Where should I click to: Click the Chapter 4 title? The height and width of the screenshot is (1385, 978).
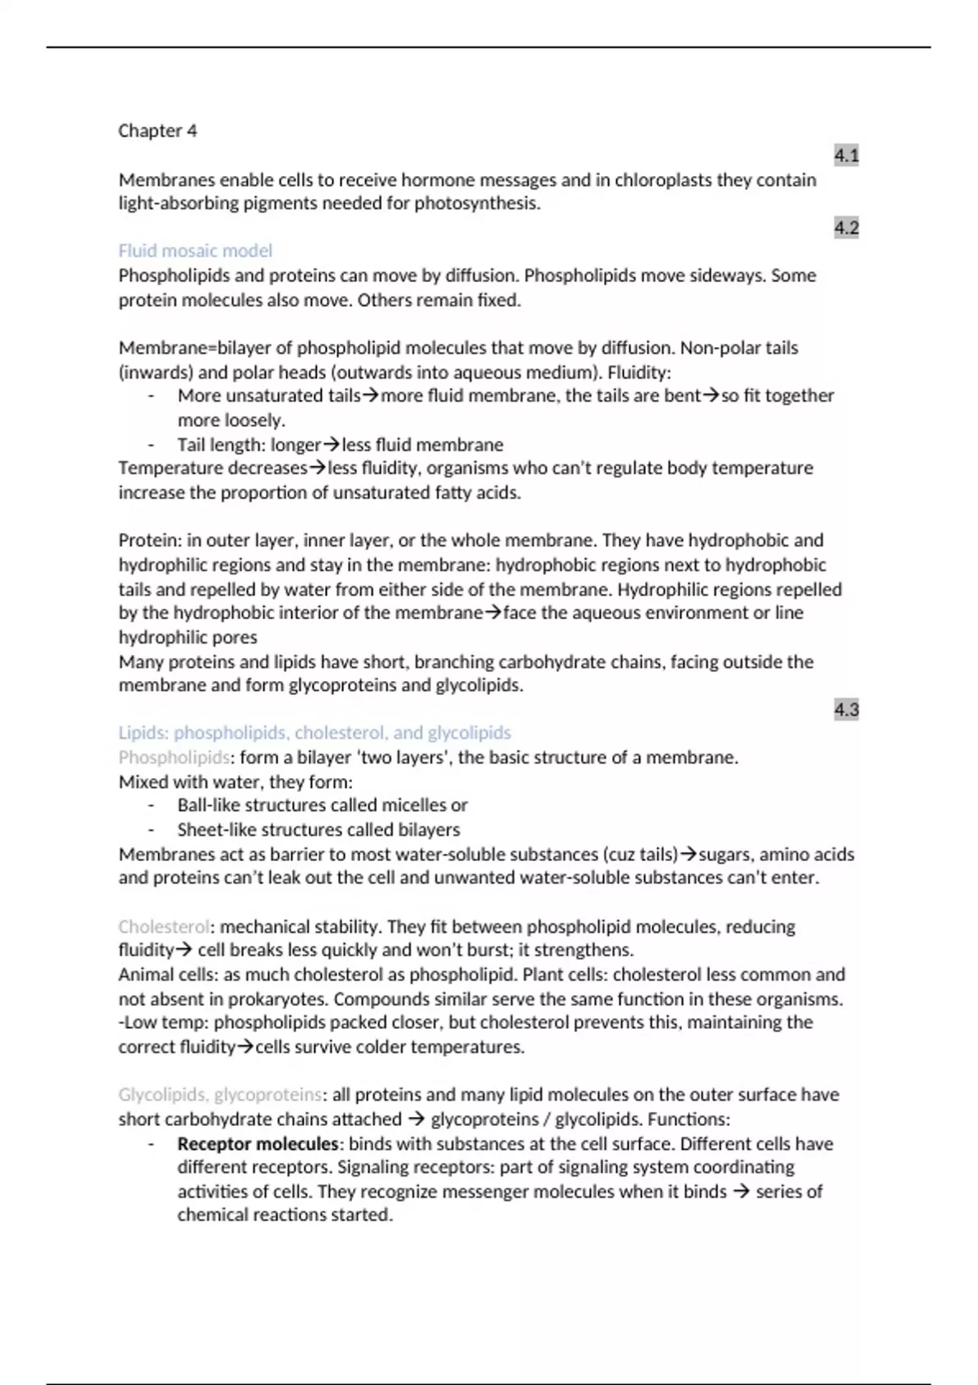157,130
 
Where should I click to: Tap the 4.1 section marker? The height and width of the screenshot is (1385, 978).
846,155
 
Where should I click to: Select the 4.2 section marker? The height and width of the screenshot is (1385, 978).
846,227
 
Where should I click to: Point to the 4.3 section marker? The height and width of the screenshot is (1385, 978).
846,709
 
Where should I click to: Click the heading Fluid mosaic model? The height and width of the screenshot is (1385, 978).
195,251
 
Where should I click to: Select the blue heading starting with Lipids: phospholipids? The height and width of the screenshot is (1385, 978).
315,732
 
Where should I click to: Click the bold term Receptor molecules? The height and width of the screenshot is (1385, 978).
258,1143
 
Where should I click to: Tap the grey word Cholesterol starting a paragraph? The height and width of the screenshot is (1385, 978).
164,926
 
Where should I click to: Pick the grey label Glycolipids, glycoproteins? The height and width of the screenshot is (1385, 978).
220,1094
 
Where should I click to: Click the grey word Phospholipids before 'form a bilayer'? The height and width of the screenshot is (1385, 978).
174,757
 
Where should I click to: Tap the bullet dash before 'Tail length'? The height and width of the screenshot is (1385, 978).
151,445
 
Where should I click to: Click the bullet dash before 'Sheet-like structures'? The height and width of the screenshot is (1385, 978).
151,829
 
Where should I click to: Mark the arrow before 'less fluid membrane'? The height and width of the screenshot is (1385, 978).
332,445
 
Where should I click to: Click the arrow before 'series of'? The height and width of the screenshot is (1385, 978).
741,1191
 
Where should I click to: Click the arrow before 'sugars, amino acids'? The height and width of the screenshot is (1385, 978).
689,854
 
